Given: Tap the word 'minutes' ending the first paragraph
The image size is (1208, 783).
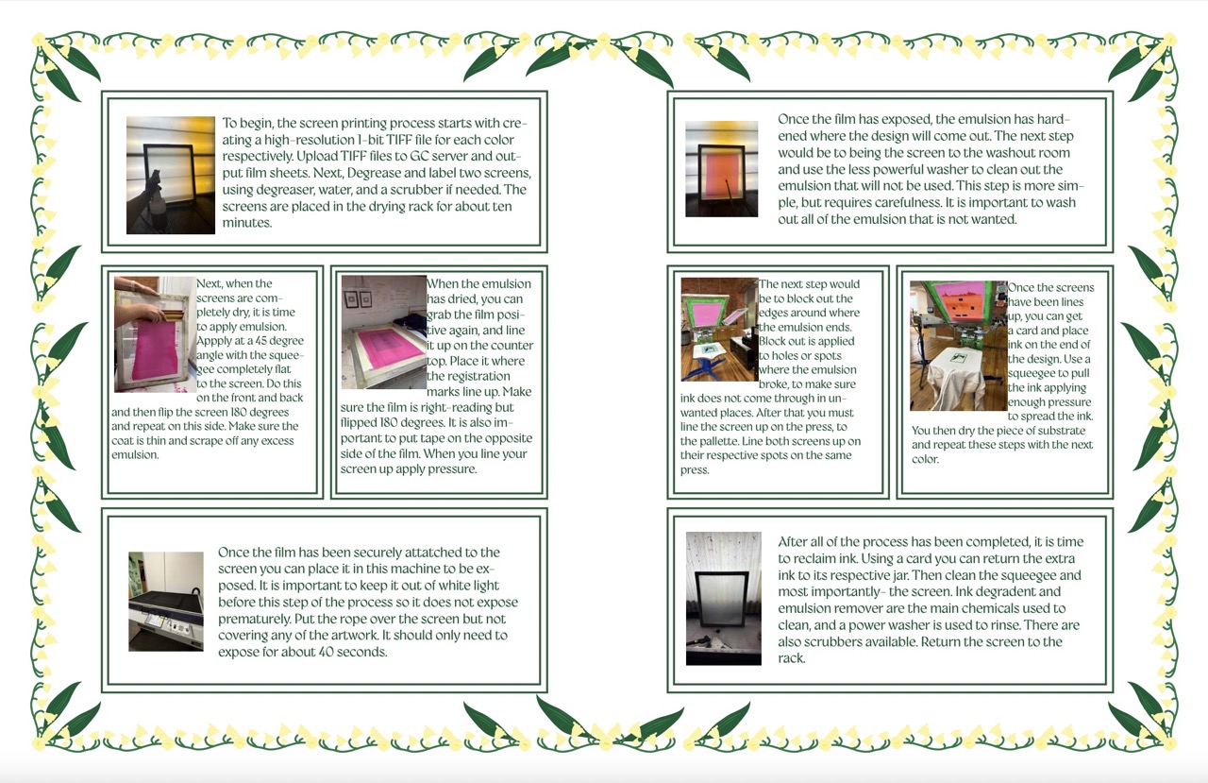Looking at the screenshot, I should coord(246,223).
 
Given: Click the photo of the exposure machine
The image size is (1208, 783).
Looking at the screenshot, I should coord(166,602).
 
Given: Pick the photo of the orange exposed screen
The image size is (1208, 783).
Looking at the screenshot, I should coord(721,169).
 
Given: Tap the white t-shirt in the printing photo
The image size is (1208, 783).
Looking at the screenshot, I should coord(953,383).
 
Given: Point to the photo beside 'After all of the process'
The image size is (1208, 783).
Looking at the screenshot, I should coord(723,598).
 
